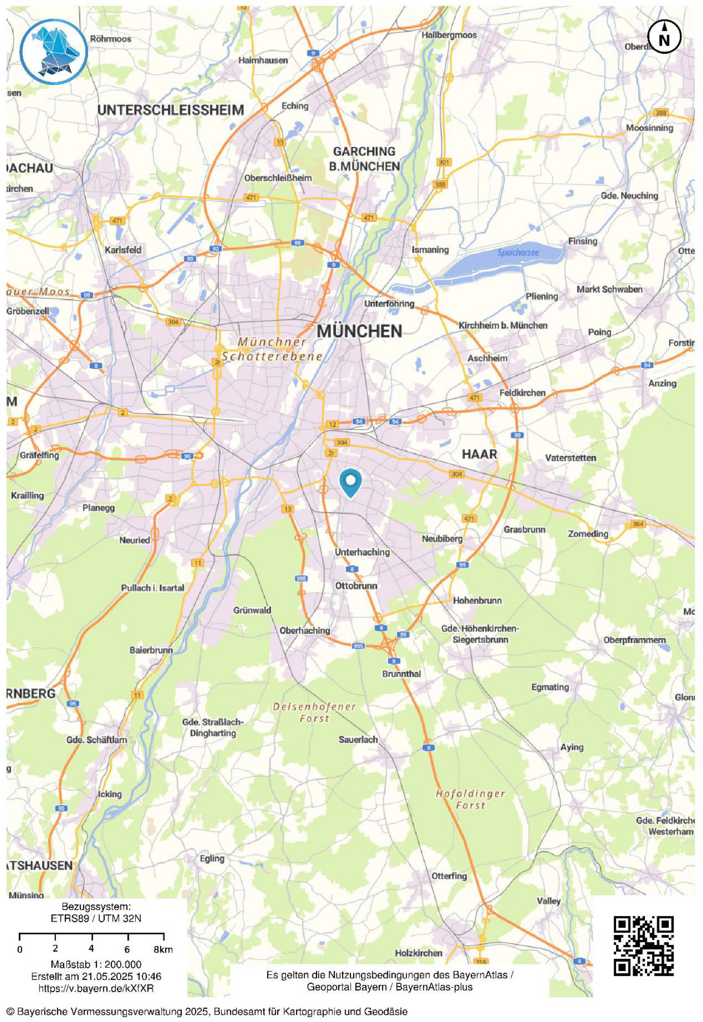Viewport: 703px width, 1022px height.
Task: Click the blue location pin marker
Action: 351,482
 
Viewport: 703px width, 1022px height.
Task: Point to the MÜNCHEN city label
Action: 359,331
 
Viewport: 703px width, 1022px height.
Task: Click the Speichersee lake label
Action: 518,253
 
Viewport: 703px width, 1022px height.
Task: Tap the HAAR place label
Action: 479,454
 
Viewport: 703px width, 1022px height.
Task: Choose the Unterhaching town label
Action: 362,552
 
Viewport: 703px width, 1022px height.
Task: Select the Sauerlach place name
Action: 358,740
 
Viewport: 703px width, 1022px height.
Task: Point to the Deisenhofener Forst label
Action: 314,712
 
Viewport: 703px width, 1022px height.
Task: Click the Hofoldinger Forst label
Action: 471,799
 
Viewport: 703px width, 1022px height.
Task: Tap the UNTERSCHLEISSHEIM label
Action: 170,110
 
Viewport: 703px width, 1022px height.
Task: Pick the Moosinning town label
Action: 650,128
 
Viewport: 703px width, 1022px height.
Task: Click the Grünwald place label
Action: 252,610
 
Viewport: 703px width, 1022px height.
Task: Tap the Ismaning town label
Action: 430,249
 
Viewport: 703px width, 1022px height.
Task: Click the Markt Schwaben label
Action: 609,289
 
